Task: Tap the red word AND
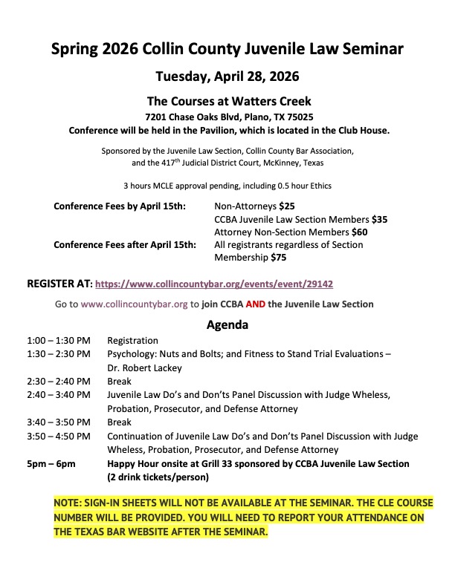tap(266, 304)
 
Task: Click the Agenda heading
tap(227, 324)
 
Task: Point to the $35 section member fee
tap(379, 219)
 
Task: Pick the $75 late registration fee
tap(277, 258)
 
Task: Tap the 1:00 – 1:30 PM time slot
tap(59, 341)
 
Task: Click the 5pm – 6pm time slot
tap(51, 463)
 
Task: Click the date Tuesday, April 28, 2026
tap(227, 76)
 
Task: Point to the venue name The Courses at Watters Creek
tap(228, 102)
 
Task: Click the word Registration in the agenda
tap(132, 341)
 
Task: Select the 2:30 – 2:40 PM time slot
tap(59, 381)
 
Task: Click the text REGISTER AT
tap(59, 284)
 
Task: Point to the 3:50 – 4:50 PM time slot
tap(59, 436)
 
